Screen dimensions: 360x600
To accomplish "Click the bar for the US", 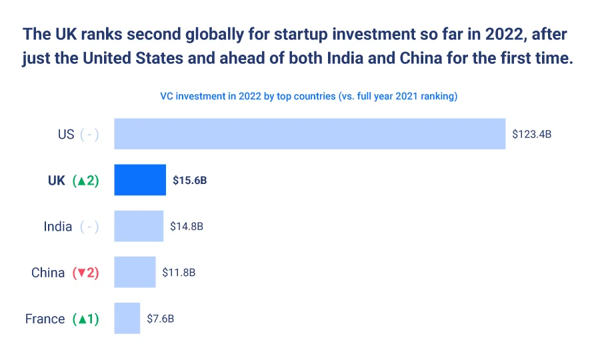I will (310, 134).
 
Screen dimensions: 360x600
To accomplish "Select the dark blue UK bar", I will (140, 180).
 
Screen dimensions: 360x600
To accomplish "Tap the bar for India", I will (139, 226).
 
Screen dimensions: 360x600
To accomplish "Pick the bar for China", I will (135, 272).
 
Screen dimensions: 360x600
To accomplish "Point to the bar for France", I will (127, 318).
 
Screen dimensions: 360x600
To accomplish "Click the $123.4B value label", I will (531, 134).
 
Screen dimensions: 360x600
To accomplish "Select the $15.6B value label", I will (190, 180).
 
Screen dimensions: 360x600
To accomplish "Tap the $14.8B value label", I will (187, 226).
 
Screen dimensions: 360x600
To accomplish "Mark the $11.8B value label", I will (179, 272).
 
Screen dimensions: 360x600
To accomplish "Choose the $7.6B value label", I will (161, 318).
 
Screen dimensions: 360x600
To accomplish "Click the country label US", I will (66, 134).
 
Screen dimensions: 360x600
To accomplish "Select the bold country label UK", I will (57, 180).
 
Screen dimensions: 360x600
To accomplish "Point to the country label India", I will (58, 226).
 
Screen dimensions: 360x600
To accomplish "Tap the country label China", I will (48, 272).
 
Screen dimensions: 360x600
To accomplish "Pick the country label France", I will (45, 318).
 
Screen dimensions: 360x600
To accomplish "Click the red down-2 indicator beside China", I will (85, 272).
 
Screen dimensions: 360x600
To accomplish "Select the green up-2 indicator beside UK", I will (85, 180).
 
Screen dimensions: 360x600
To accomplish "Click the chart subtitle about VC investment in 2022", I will (309, 96).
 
